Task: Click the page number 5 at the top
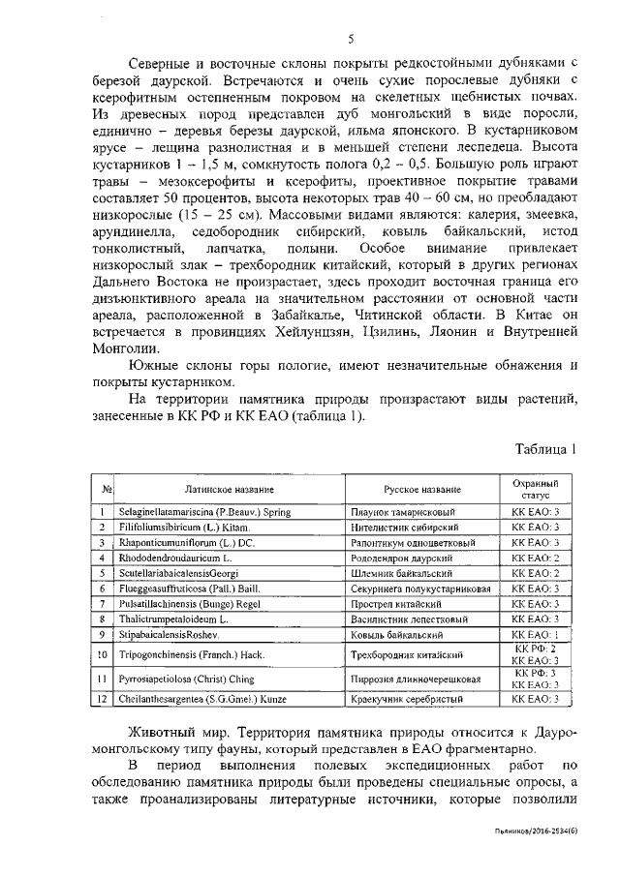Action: click(x=352, y=38)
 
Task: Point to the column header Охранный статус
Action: click(x=537, y=488)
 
